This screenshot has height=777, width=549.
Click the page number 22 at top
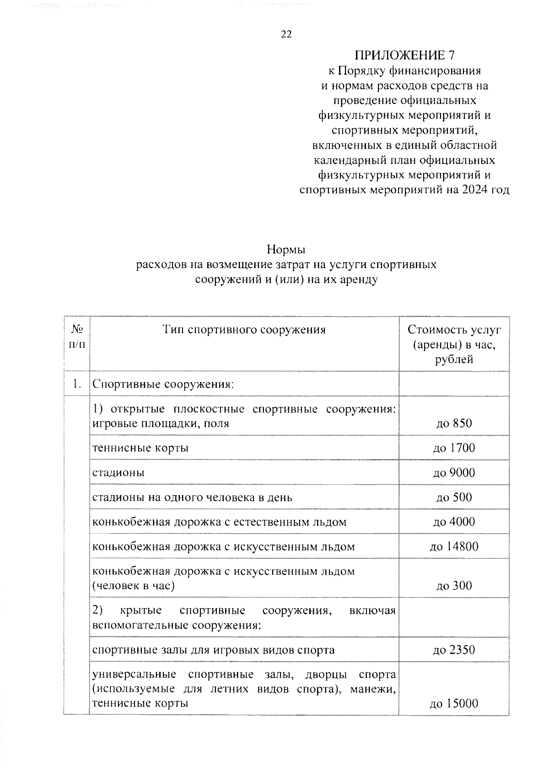tap(286, 34)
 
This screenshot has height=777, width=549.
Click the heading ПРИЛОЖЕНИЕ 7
tap(404, 55)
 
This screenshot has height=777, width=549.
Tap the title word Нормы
tap(286, 250)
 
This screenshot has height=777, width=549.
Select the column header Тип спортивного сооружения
tap(244, 329)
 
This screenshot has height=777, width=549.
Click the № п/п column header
tap(77, 337)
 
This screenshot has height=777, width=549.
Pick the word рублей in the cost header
tap(454, 359)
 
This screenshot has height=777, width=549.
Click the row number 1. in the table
tap(77, 384)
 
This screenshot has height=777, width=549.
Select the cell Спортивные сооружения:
tap(163, 384)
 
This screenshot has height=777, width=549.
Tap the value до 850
tap(454, 423)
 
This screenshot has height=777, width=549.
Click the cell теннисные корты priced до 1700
tap(140, 448)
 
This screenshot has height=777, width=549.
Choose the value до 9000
tap(454, 472)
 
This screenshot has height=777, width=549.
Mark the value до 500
tap(454, 497)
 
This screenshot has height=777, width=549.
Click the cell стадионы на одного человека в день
tap(192, 497)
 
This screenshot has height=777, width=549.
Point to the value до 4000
tap(454, 522)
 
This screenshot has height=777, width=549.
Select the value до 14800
tap(454, 546)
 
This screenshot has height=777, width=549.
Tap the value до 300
tap(454, 586)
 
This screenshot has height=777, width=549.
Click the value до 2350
tap(454, 650)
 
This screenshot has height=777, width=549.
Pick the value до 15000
tap(454, 703)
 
